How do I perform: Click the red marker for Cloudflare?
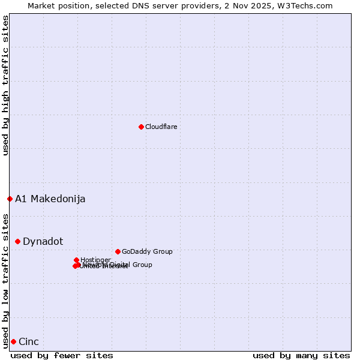pos(141,127)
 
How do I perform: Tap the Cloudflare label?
pos(161,127)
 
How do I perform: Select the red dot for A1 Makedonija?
pos(10,199)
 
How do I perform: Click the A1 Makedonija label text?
pos(50,199)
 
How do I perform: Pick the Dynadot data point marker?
pos(17,241)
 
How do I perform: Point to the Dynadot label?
pos(43,241)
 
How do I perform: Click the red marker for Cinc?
pos(13,341)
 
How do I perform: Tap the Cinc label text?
pos(29,341)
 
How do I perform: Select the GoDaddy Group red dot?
pos(118,251)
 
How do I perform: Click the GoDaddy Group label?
pos(147,251)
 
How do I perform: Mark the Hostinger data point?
pos(76,260)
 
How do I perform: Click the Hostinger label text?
pos(95,260)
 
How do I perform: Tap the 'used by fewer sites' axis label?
pos(62,355)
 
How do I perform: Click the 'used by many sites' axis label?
pos(301,355)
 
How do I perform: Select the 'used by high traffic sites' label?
pos(5,85)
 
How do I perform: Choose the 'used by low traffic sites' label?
pos(5,280)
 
